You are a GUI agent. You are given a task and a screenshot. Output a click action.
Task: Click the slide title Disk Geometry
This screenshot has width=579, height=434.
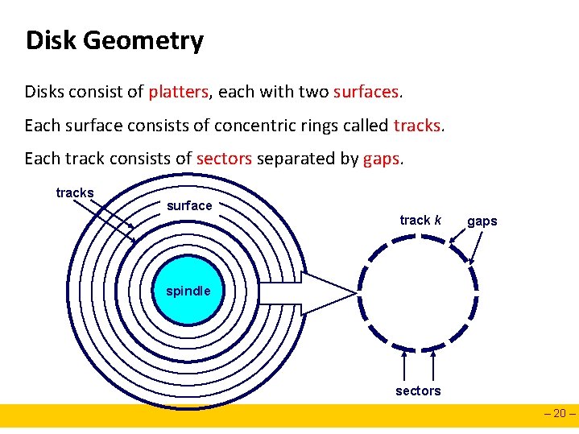pos(114,40)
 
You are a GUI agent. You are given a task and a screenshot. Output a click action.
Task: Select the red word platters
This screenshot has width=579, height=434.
pos(178,92)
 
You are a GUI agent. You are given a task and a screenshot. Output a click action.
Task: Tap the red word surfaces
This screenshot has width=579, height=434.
pos(366,92)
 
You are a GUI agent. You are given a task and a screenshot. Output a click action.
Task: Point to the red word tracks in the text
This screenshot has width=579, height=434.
pos(417,126)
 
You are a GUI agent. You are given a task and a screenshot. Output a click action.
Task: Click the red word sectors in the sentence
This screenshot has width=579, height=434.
pos(225,159)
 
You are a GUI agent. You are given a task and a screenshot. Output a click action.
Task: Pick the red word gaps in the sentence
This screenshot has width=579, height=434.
pos(381,159)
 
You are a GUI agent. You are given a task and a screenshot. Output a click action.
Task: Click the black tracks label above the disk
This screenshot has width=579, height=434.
pos(75,192)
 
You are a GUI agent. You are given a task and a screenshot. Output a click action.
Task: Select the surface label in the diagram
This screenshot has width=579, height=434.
pos(189,205)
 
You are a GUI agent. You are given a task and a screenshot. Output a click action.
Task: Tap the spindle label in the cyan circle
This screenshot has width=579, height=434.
pos(188,291)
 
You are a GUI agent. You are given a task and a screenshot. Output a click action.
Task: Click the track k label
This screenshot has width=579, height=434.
pos(420,220)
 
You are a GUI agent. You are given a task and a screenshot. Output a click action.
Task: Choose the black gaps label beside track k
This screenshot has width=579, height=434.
pos(482,221)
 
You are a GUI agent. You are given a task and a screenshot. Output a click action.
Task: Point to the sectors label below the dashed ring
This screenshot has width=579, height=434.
pos(418,391)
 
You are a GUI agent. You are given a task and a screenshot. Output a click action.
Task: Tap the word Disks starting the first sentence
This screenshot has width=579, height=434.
pos(44,92)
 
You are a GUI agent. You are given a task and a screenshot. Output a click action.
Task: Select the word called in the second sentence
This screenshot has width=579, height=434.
pos(367,126)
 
